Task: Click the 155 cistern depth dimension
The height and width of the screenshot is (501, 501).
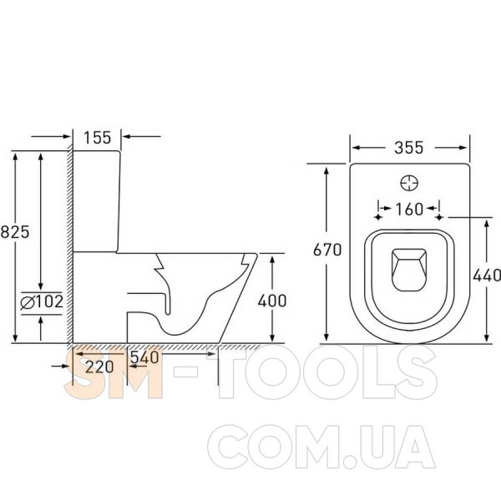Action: [97, 138]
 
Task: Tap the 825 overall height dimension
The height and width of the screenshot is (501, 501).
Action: [15, 231]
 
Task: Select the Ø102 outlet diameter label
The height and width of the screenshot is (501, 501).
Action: [42, 302]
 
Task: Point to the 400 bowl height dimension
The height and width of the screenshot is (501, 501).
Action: [272, 301]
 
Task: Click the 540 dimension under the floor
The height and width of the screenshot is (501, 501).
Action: [144, 357]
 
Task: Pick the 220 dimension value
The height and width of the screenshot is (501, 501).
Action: [99, 367]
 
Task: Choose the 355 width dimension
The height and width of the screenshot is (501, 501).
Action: [408, 148]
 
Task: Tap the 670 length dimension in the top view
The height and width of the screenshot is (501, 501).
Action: [327, 250]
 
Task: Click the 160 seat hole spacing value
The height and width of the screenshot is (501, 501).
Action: [409, 210]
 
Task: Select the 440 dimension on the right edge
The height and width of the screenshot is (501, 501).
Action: [487, 276]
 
